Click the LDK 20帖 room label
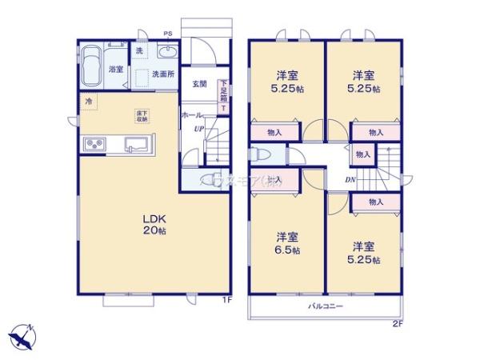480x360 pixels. pos(154,223)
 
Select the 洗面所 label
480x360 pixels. pos(165,74)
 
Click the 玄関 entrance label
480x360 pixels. pos(200,83)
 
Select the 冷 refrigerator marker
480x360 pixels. pos(87,101)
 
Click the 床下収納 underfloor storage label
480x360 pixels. pos(141,115)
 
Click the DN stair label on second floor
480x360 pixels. pos(350,179)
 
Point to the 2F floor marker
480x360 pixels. pos(397,322)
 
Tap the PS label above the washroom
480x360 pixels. pos(168,34)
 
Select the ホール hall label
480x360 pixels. pos(191,115)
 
